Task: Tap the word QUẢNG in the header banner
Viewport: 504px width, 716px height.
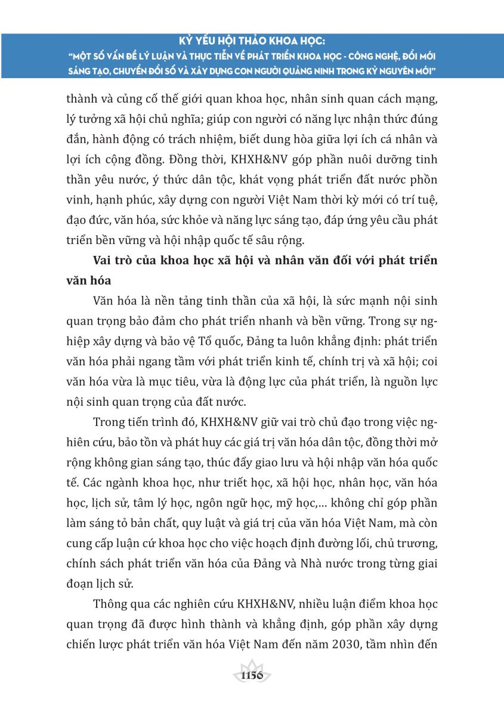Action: click(x=315, y=72)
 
